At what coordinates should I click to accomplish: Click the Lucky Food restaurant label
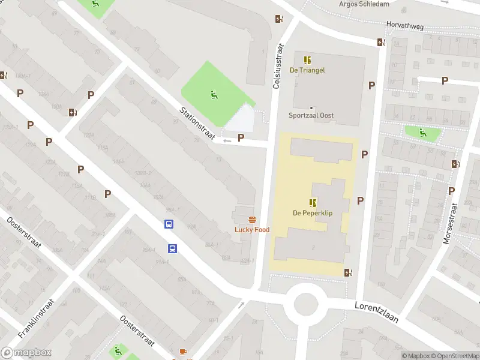[x=252, y=230]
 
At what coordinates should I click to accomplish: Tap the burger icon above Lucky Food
[x=253, y=220]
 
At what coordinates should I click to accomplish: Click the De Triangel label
[x=307, y=70]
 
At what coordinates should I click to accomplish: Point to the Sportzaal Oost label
[x=311, y=115]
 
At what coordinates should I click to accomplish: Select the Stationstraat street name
[x=197, y=124]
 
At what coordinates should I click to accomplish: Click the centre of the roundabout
[x=305, y=305]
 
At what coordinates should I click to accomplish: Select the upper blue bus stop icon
[x=169, y=224]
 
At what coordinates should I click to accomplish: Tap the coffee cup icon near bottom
[x=183, y=352]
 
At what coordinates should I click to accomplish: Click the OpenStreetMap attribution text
[x=454, y=356]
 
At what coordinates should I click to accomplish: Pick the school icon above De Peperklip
[x=313, y=202]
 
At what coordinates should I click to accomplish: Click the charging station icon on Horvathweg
[x=380, y=42]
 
